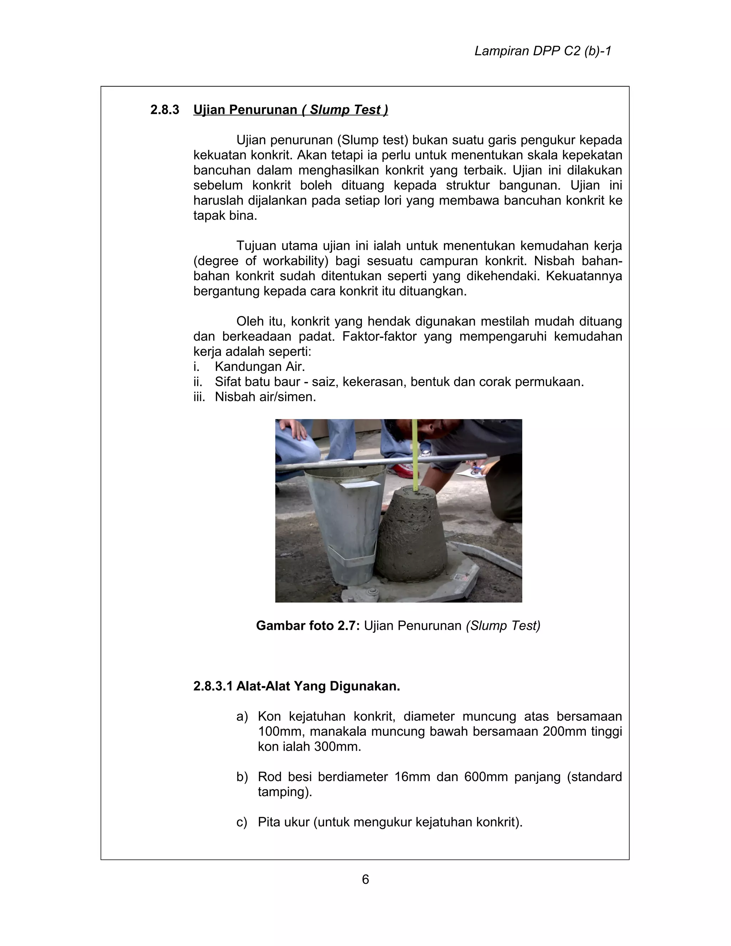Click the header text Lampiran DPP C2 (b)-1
click(x=543, y=51)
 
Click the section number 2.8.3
click(x=165, y=110)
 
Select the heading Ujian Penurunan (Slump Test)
click(x=290, y=110)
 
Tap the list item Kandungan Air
click(x=259, y=367)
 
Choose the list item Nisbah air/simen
click(x=265, y=396)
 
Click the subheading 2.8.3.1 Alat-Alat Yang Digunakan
click(x=296, y=686)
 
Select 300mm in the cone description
click(x=335, y=746)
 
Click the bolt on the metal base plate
click(x=371, y=593)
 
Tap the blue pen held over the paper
click(x=477, y=467)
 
